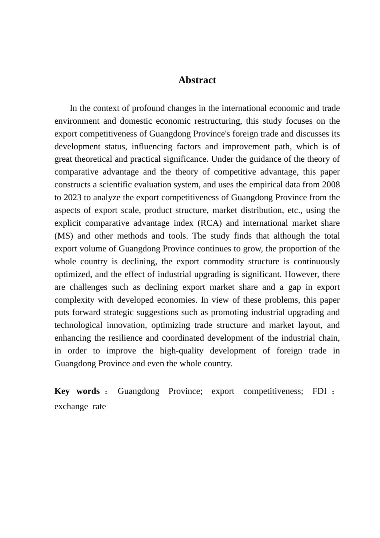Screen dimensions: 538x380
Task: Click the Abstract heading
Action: (x=197, y=80)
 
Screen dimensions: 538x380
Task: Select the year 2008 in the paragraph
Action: (x=330, y=185)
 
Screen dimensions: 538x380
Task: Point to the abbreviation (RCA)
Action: (x=210, y=223)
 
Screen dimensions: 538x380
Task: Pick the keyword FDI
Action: (x=320, y=391)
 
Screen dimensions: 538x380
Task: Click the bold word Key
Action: (x=62, y=391)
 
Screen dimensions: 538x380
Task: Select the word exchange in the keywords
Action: (x=71, y=406)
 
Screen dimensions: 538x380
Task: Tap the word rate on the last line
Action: (x=99, y=406)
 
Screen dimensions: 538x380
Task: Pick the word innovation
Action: (x=121, y=325)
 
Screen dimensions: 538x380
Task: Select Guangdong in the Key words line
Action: (x=138, y=391)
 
